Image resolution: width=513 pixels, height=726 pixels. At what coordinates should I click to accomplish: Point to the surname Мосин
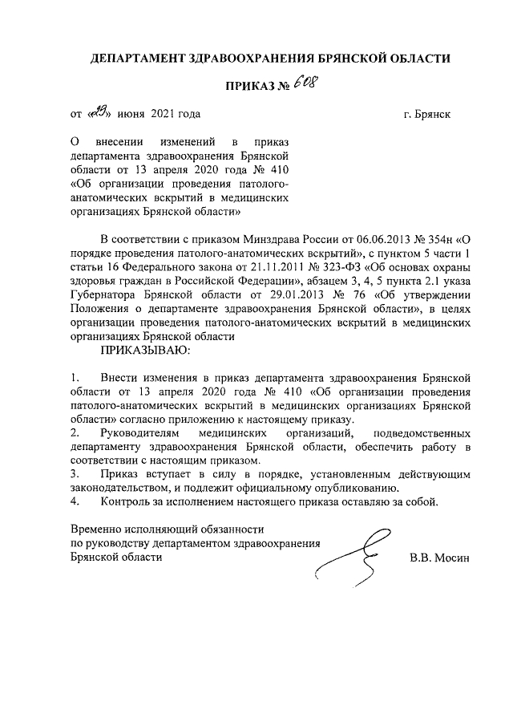454,558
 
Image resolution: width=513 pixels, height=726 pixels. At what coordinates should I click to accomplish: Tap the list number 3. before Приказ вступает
75,475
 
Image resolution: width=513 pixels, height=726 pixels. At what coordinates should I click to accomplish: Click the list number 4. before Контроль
75,502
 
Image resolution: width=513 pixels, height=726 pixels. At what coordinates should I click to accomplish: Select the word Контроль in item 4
128,502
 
